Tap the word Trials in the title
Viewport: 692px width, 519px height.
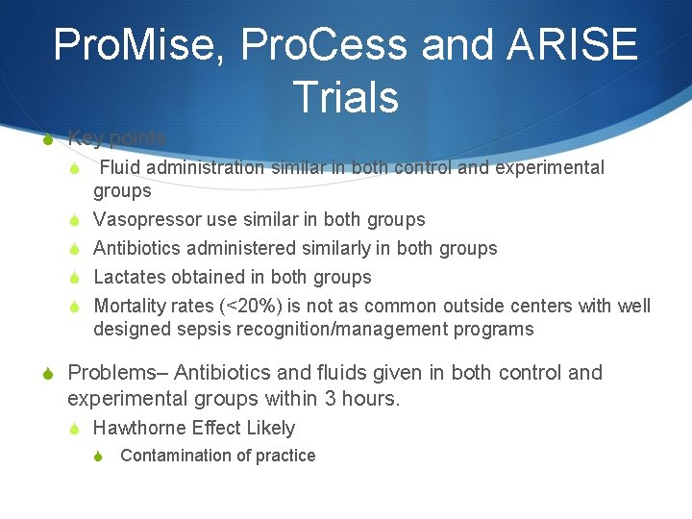pos(345,97)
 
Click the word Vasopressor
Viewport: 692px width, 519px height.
pos(145,219)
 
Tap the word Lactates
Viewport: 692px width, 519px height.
pos(130,277)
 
